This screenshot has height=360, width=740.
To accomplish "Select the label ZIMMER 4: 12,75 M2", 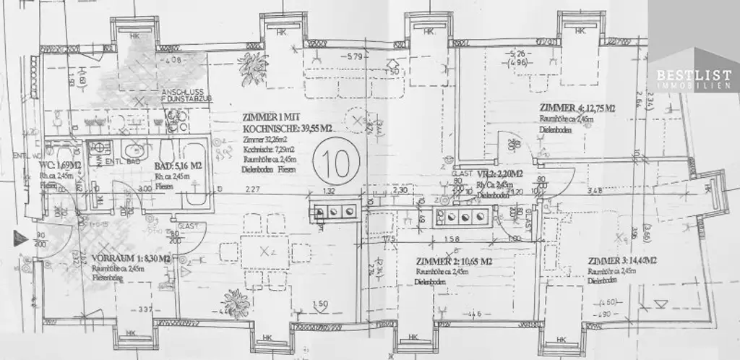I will coord(576,108).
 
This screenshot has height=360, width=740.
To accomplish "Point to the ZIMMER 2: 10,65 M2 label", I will coord(455,261).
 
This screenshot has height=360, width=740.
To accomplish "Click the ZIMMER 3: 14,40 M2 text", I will coord(621,261).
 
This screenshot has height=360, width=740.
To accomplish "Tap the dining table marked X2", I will coord(267,252).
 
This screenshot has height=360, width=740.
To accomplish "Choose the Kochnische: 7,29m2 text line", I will coord(267,147).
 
